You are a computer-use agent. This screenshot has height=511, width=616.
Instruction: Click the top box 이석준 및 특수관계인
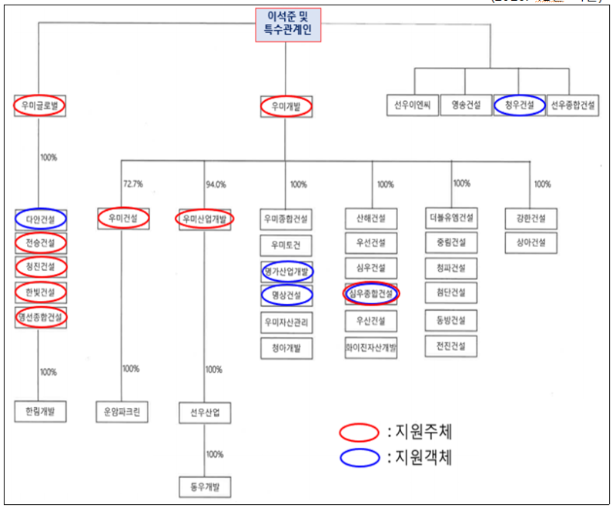pyautogui.click(x=287, y=25)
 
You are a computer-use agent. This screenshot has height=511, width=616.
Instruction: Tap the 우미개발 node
pyautogui.click(x=286, y=106)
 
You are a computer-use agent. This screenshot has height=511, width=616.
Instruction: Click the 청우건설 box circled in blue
pyautogui.click(x=519, y=105)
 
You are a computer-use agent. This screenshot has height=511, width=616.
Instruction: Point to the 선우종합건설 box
pyautogui.click(x=573, y=105)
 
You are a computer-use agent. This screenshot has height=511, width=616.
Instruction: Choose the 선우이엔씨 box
pyautogui.click(x=411, y=105)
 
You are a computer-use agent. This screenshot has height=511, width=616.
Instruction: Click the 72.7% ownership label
pyautogui.click(x=133, y=184)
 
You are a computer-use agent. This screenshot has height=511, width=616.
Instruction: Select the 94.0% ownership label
pyautogui.click(x=216, y=184)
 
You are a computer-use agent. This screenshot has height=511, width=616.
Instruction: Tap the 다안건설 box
pyautogui.click(x=41, y=219)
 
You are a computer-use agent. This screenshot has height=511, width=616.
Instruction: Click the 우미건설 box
pyautogui.click(x=122, y=219)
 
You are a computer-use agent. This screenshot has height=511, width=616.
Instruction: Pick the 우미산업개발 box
pyautogui.click(x=205, y=219)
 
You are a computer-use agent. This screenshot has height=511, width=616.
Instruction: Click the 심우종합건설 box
pyautogui.click(x=371, y=294)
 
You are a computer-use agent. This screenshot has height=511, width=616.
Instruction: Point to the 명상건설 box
pyautogui.click(x=286, y=294)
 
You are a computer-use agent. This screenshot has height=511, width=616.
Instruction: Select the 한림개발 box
pyautogui.click(x=41, y=411)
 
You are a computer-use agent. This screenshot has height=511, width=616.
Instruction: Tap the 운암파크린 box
pyautogui.click(x=122, y=411)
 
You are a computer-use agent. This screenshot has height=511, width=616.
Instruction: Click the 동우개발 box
pyautogui.click(x=205, y=487)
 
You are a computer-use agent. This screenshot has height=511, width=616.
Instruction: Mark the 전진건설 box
pyautogui.click(x=451, y=346)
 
